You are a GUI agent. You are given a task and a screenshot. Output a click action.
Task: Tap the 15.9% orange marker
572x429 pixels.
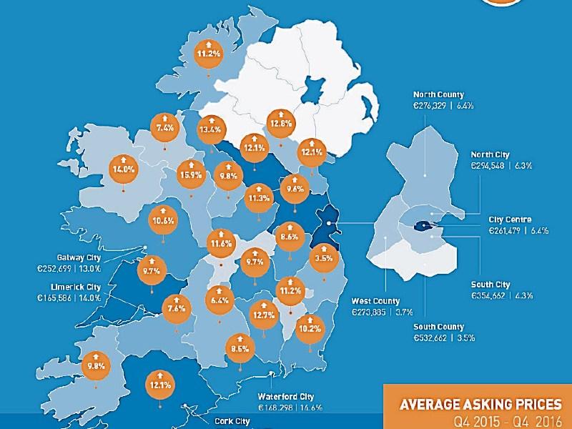tap(191, 173)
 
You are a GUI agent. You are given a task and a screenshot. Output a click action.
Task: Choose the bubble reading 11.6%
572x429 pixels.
tap(221, 242)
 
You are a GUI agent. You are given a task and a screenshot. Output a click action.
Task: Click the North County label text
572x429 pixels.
tap(438, 94)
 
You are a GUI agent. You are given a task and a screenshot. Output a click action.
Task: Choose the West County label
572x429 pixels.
tap(375, 301)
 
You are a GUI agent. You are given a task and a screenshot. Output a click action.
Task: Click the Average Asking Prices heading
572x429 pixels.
tap(480, 405)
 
